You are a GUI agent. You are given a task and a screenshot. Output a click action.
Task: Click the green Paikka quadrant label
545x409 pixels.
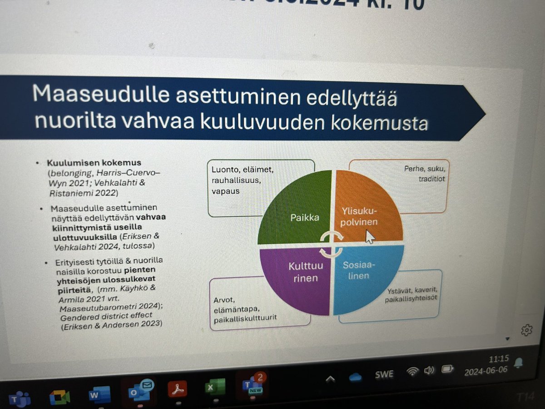point(305,217)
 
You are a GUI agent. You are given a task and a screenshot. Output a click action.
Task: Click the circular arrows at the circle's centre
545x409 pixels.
point(331,244)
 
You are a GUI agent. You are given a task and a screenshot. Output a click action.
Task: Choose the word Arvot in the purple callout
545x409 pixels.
point(223,299)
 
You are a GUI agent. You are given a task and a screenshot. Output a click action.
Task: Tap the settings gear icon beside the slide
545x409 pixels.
point(526,330)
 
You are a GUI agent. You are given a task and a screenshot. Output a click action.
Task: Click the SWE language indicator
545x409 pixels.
point(384,374)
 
